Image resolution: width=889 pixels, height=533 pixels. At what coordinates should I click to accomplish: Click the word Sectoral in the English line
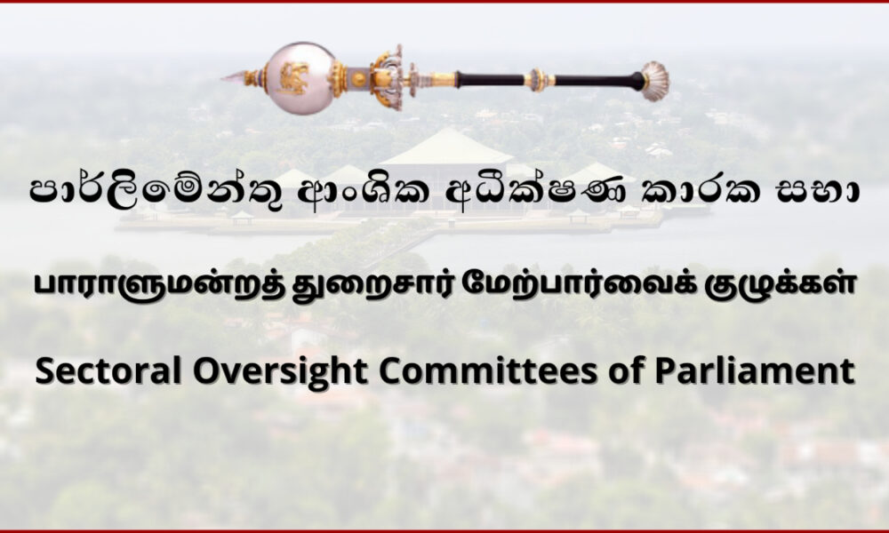(x=108, y=371)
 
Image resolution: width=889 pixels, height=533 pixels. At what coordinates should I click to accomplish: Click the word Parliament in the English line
(x=754, y=371)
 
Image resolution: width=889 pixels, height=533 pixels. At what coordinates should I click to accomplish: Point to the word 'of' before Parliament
(x=625, y=371)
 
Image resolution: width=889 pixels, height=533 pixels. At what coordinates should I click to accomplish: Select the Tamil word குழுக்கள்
(x=779, y=286)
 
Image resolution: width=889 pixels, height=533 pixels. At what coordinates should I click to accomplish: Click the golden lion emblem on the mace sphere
(x=293, y=79)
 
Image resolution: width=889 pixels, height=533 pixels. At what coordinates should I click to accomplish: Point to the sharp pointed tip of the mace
(x=222, y=78)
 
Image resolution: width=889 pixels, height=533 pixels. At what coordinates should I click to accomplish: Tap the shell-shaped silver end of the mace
(x=655, y=81)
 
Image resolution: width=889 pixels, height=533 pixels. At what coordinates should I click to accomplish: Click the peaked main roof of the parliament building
(x=448, y=147)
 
